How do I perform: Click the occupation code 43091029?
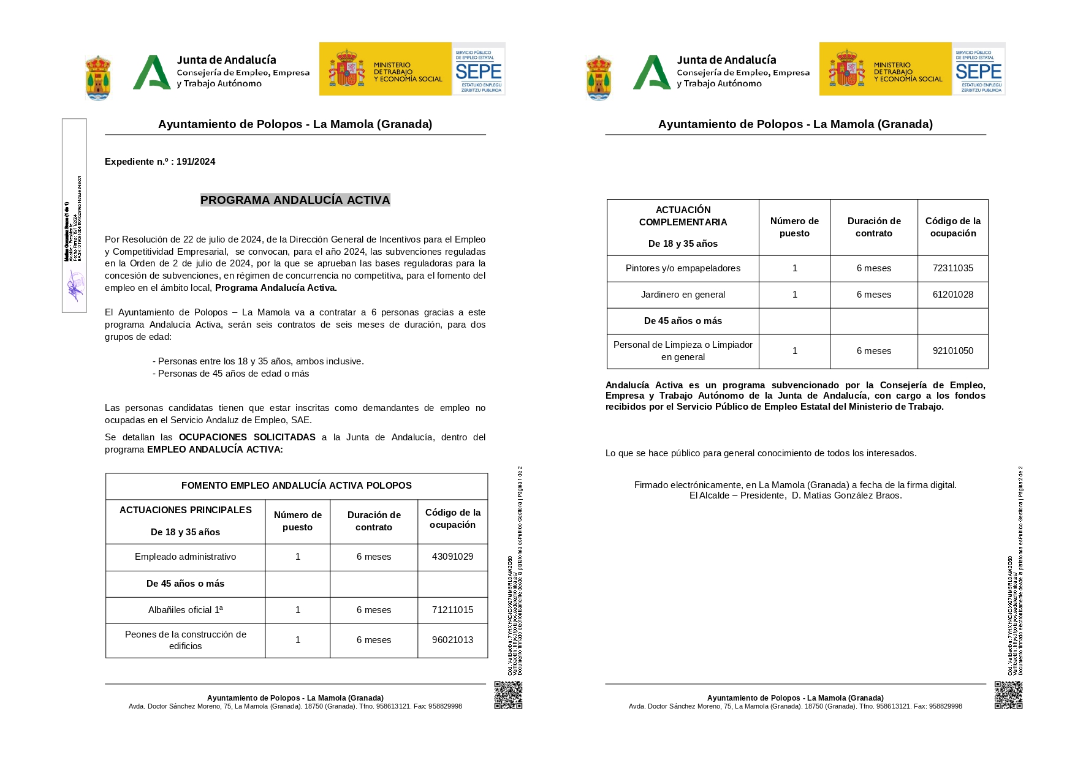click(452, 557)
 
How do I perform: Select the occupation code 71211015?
click(452, 610)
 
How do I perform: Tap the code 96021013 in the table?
click(452, 640)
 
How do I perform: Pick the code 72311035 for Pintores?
click(952, 268)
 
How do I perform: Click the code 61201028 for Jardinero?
click(952, 295)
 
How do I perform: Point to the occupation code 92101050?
click(952, 351)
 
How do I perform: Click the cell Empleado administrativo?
click(185, 557)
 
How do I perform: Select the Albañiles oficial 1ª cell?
click(185, 610)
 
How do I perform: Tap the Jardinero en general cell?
click(683, 295)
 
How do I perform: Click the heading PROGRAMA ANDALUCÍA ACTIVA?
click(295, 200)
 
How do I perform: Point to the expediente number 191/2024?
click(196, 162)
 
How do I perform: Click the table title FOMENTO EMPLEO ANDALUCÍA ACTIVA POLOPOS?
click(296, 486)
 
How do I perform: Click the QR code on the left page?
click(508, 695)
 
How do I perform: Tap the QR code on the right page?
click(1008, 695)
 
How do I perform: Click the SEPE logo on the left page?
click(479, 69)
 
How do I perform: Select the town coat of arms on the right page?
click(598, 77)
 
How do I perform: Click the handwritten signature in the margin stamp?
click(75, 286)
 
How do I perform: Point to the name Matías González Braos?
click(846, 495)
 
